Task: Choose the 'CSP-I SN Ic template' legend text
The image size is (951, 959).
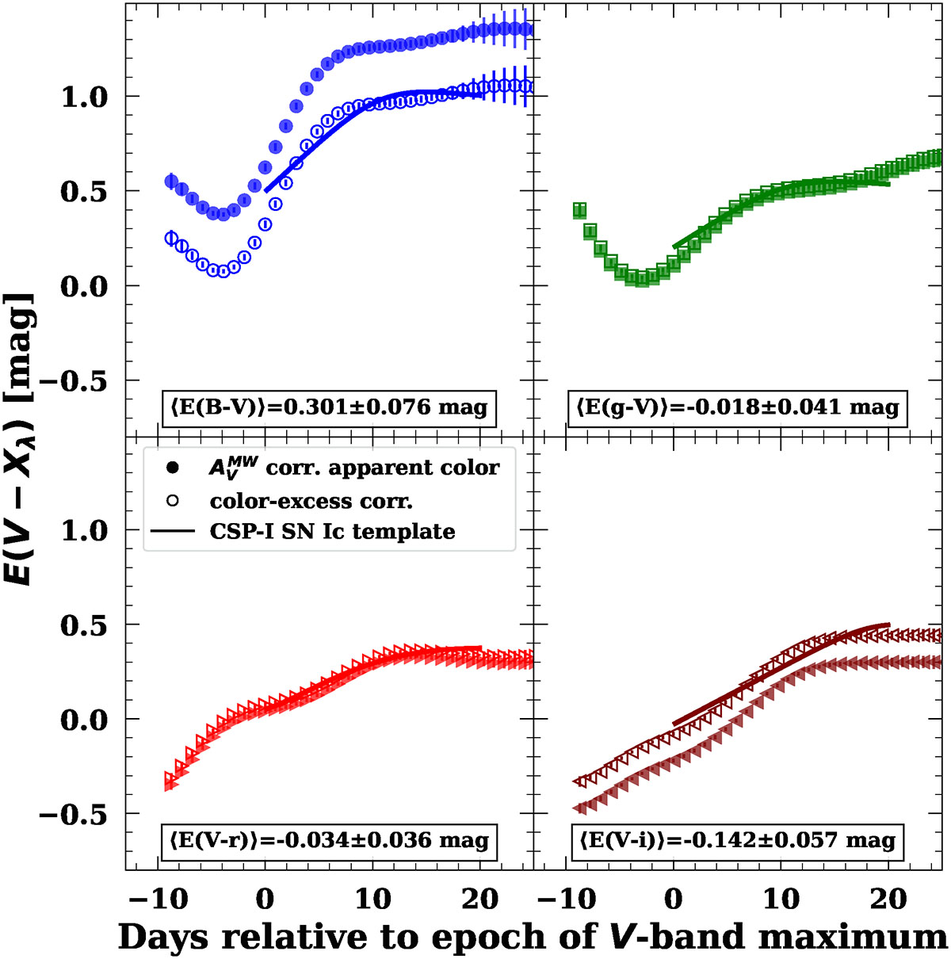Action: point(332,531)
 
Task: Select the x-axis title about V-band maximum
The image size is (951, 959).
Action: point(532,937)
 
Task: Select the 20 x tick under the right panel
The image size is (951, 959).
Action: point(888,900)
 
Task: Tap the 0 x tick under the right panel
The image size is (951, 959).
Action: point(674,900)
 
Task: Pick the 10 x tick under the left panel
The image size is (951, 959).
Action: point(372,900)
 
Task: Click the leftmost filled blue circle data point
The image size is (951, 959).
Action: point(171,181)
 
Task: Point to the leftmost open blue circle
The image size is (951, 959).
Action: point(171,238)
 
